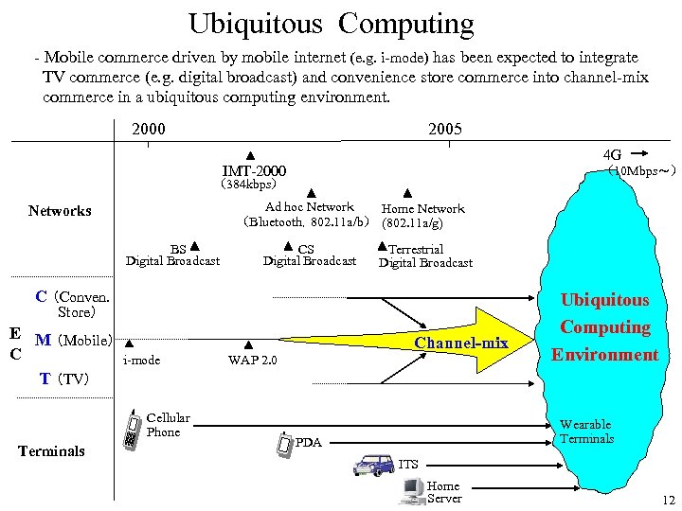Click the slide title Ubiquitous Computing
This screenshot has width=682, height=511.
[331, 24]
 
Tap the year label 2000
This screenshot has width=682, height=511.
[150, 129]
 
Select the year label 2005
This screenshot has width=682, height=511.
[445, 129]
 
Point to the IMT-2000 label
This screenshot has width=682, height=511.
[254, 171]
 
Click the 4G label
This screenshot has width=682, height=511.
[612, 154]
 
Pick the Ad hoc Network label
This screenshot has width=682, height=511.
[309, 207]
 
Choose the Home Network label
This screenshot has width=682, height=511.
[422, 209]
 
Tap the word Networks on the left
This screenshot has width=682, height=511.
[60, 211]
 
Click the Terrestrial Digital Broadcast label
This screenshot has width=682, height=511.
[425, 256]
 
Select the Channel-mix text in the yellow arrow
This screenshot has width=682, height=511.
[461, 343]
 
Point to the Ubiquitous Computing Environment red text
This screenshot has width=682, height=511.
[605, 327]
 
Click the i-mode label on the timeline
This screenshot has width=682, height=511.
[142, 361]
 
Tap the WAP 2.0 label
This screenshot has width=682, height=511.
[252, 361]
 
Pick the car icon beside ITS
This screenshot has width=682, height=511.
[373, 465]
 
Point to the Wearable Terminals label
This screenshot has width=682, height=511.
[586, 432]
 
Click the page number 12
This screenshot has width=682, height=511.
[669, 500]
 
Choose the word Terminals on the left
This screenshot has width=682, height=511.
[52, 451]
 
